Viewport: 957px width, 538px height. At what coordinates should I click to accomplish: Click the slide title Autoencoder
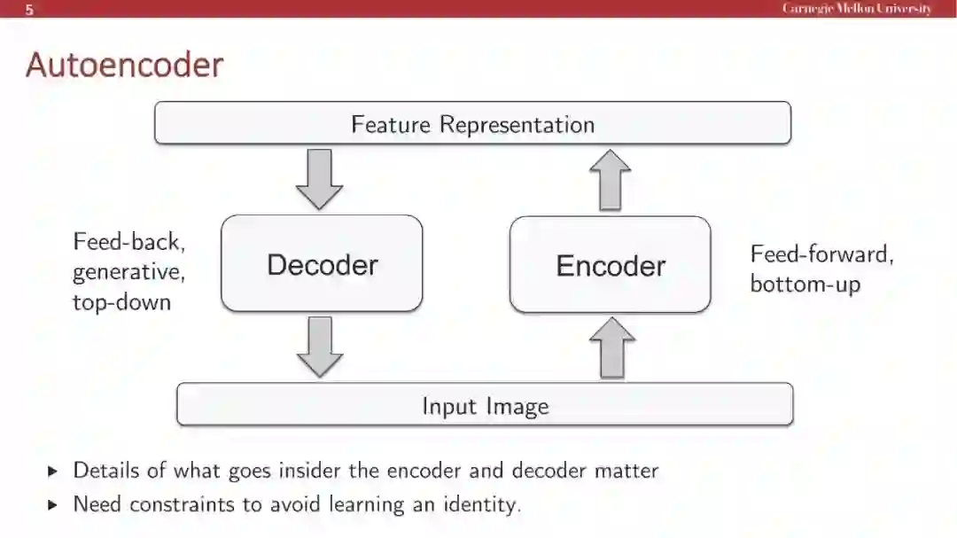[x=124, y=66]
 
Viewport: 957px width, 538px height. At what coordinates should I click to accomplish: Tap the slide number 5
[x=29, y=10]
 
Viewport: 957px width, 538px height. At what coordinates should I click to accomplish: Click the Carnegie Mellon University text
[x=856, y=9]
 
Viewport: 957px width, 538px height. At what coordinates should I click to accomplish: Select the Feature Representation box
[x=472, y=123]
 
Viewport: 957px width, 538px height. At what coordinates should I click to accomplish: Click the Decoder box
[x=322, y=264]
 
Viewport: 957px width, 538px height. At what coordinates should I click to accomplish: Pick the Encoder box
[x=611, y=265]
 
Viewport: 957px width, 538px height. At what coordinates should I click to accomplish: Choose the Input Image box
[x=485, y=406]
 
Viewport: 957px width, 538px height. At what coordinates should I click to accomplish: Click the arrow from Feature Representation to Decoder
[x=319, y=179]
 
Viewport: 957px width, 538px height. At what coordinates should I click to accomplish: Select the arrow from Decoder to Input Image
[x=319, y=347]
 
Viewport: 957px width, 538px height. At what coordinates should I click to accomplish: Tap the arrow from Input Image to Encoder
[x=612, y=348]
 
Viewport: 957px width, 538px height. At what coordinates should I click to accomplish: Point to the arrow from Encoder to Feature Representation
[x=612, y=180]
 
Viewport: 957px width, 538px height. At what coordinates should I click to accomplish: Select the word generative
[x=128, y=272]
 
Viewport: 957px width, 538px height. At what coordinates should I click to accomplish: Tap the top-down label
[x=121, y=302]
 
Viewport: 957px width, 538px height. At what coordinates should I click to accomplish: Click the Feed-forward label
[x=821, y=254]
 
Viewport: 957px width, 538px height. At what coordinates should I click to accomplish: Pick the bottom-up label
[x=805, y=285]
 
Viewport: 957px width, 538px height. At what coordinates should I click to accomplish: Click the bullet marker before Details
[x=51, y=471]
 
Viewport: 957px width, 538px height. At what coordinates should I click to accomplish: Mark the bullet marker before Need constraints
[x=51, y=505]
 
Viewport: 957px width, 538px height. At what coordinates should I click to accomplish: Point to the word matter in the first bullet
[x=626, y=470]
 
